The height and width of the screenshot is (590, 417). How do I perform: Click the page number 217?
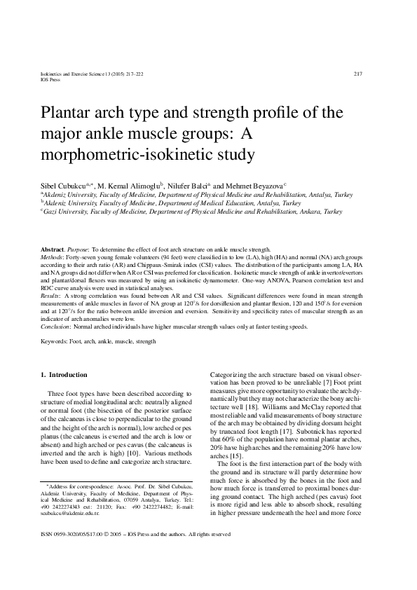pyautogui.click(x=357, y=74)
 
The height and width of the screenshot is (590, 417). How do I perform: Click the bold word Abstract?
pyautogui.click(x=53, y=250)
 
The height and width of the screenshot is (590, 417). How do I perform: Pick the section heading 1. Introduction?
pyautogui.click(x=64, y=375)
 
